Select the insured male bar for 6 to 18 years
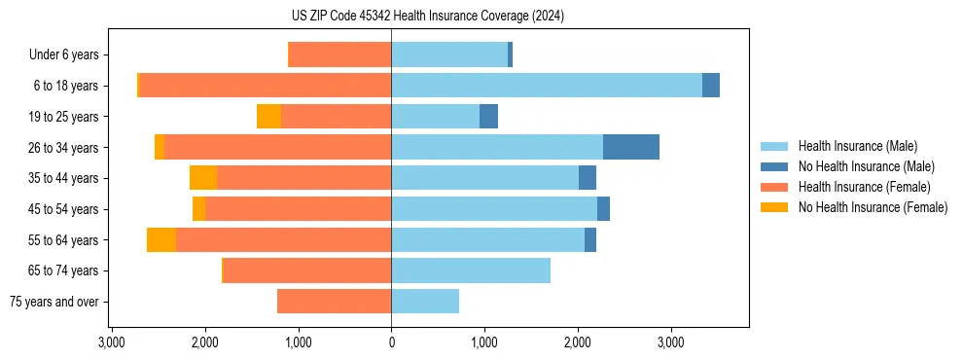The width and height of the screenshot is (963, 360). pyautogui.click(x=547, y=86)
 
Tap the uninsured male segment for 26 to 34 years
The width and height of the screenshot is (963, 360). pyautogui.click(x=631, y=147)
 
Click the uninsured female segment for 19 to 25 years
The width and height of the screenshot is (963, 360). pyautogui.click(x=268, y=117)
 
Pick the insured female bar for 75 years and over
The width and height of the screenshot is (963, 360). pyautogui.click(x=334, y=302)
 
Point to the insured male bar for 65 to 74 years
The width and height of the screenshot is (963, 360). pyautogui.click(x=471, y=270)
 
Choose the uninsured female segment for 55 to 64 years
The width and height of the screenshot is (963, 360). pyautogui.click(x=161, y=239)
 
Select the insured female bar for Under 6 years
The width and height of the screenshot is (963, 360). pyautogui.click(x=340, y=54)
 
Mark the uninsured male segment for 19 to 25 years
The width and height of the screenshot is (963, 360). pyautogui.click(x=489, y=117)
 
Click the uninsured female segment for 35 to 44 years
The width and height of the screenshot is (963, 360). pyautogui.click(x=203, y=178)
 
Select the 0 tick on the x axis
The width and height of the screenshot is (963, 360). pyautogui.click(x=391, y=342)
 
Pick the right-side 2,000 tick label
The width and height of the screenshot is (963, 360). pyautogui.click(x=578, y=342)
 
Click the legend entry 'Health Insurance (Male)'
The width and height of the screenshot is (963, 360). pyautogui.click(x=857, y=146)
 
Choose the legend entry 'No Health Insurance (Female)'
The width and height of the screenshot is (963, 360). pyautogui.click(x=873, y=207)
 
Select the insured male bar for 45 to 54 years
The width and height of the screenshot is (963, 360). pyautogui.click(x=494, y=209)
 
